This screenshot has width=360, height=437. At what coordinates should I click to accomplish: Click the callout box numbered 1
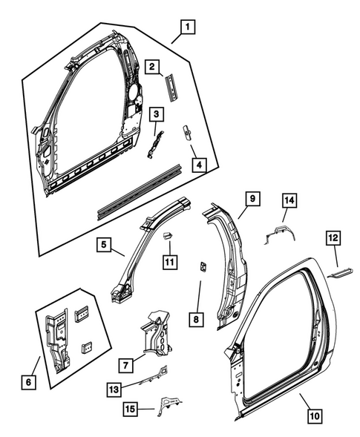[x=188, y=30]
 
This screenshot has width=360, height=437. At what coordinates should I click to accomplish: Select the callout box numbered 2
[x=152, y=68]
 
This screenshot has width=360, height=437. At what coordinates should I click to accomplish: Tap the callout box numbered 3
[x=156, y=114]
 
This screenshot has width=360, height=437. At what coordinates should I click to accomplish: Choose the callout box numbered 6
[x=29, y=382]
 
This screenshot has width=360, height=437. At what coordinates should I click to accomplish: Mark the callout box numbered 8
[x=195, y=320]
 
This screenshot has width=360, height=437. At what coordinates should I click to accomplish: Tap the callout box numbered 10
[x=314, y=416]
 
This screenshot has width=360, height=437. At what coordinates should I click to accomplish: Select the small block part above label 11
[x=168, y=236]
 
